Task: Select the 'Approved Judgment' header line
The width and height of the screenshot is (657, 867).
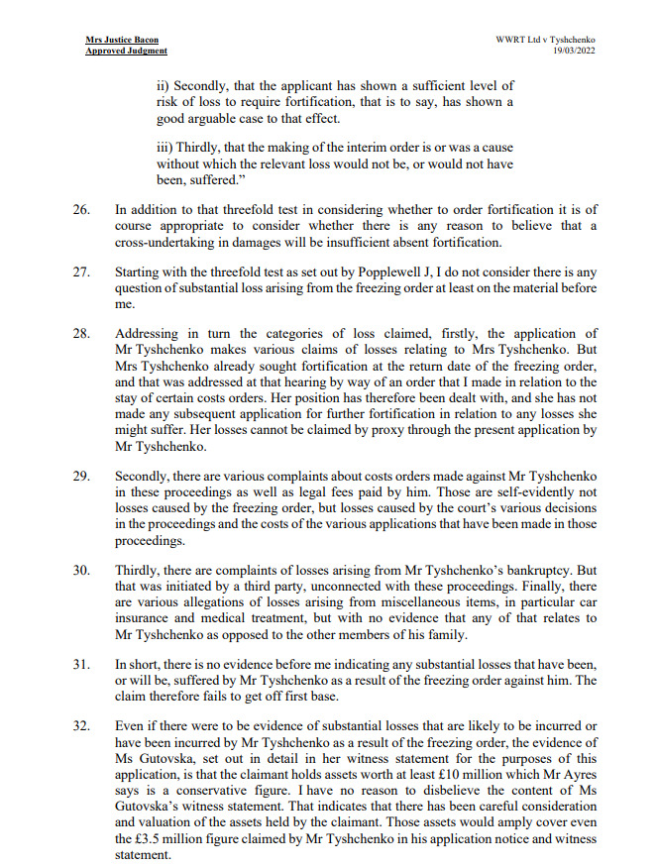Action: point(126,52)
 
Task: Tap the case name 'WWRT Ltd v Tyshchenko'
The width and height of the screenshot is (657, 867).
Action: point(552,41)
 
